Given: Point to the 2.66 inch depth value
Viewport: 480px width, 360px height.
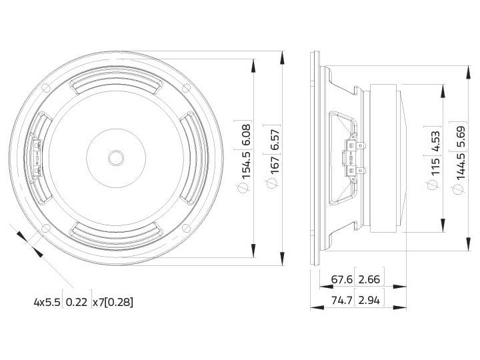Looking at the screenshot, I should [369, 279].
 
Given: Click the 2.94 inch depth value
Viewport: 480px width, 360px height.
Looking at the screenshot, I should [369, 301].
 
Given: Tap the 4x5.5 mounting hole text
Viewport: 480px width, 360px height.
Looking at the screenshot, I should [47, 302].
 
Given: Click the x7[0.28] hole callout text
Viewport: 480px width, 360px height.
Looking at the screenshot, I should [113, 302].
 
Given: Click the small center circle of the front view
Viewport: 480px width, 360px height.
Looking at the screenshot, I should [115, 158].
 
